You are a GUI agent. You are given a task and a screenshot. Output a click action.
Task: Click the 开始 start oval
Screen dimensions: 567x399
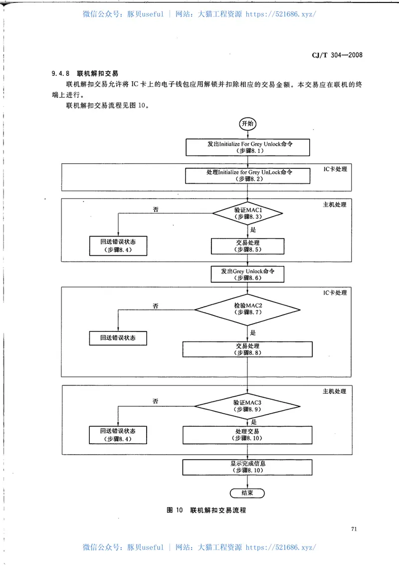click(248, 124)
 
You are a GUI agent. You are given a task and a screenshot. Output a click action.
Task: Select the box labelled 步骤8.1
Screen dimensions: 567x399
click(247, 147)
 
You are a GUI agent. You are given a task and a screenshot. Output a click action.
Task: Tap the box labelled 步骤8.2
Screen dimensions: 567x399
click(247, 175)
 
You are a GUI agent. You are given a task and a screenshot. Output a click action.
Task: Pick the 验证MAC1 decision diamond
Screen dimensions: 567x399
click(248, 214)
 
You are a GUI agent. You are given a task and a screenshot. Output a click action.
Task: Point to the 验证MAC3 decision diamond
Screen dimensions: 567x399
click(248, 405)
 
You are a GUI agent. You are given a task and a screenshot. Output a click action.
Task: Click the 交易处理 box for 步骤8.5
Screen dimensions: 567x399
click(248, 246)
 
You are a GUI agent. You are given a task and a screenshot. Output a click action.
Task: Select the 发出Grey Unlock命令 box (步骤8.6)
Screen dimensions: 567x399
click(248, 274)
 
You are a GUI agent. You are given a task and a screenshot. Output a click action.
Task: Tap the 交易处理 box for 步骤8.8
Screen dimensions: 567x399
click(248, 349)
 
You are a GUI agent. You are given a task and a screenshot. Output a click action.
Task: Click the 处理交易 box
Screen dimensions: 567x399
click(248, 434)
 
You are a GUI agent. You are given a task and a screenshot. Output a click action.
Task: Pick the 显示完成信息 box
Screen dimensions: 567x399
click(248, 467)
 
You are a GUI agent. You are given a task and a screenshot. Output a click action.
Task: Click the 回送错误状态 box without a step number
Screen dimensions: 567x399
click(118, 338)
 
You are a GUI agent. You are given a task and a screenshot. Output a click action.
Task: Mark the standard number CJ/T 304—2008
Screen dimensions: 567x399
click(333, 55)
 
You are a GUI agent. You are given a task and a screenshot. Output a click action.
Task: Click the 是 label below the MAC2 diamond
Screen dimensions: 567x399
click(253, 332)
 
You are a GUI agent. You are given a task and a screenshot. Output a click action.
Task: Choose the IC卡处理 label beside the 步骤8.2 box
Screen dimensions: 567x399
click(334, 170)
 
